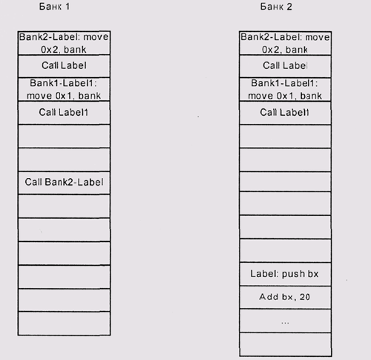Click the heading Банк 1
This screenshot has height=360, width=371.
54,7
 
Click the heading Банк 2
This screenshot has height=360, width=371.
276,7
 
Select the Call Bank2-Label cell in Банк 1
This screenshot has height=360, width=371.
64,183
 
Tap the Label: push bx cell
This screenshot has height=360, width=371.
285,274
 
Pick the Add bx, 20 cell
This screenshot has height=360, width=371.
285,297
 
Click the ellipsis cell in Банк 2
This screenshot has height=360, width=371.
285,321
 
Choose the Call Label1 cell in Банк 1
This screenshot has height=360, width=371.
64,113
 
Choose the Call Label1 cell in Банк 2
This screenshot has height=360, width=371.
285,113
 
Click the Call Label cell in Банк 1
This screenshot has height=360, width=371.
64,66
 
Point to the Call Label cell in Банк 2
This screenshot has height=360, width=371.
285,66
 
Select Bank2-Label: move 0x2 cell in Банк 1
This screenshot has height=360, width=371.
64,43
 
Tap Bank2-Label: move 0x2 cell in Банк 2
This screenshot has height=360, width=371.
285,43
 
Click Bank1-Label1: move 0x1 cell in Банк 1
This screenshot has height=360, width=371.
64,89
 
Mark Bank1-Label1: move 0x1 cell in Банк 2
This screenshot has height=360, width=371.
285,89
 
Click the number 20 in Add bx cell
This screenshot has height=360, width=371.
305,297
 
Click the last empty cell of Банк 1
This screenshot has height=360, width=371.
64,324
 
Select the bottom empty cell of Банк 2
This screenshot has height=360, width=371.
285,344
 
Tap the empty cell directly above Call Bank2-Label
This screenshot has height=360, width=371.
64,160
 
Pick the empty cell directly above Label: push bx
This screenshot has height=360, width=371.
285,251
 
